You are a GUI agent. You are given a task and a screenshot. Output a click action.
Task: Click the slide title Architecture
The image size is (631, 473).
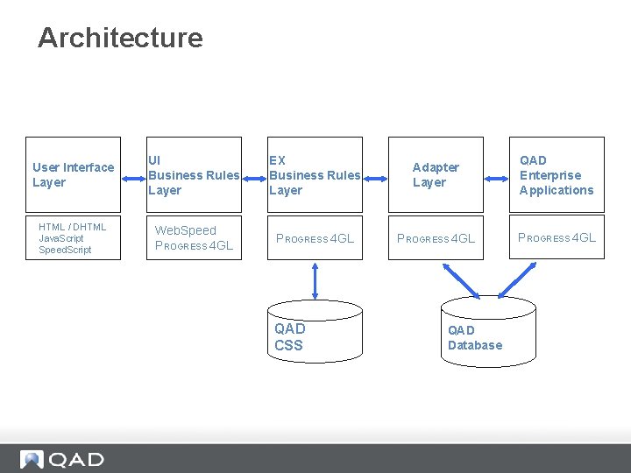click(x=120, y=38)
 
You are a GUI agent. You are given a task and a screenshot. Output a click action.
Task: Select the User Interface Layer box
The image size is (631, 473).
click(x=74, y=174)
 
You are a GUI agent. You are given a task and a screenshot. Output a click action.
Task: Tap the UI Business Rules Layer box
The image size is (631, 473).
click(x=194, y=174)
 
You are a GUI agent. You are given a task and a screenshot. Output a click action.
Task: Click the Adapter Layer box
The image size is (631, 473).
click(x=436, y=174)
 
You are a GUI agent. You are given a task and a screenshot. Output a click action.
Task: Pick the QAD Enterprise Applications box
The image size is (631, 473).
click(x=557, y=174)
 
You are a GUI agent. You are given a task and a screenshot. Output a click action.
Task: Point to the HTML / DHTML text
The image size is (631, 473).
click(x=73, y=227)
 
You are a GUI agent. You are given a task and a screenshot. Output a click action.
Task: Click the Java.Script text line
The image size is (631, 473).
click(x=61, y=238)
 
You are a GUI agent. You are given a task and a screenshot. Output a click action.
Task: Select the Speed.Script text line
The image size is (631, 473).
click(x=65, y=250)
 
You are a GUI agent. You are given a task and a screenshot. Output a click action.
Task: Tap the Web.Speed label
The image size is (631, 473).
click(x=185, y=230)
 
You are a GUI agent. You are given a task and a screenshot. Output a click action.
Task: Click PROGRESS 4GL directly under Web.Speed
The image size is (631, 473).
click(x=194, y=246)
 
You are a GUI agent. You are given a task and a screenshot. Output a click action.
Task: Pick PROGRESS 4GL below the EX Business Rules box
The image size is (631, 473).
click(x=315, y=238)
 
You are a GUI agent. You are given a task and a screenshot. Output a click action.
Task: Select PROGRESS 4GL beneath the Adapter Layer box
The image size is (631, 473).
click(x=436, y=238)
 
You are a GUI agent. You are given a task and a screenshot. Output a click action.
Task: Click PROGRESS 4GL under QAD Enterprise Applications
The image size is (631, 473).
click(x=557, y=237)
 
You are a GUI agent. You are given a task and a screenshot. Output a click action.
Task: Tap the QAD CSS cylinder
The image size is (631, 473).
click(x=315, y=331)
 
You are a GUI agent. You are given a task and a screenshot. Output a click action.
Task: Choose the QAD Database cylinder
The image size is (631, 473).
click(x=475, y=331)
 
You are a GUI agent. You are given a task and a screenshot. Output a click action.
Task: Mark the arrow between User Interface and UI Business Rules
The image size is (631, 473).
click(x=133, y=174)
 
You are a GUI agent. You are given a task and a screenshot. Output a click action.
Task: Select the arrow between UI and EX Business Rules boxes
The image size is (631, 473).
click(x=254, y=174)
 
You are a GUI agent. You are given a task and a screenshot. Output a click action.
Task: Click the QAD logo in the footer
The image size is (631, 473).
click(x=62, y=459)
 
